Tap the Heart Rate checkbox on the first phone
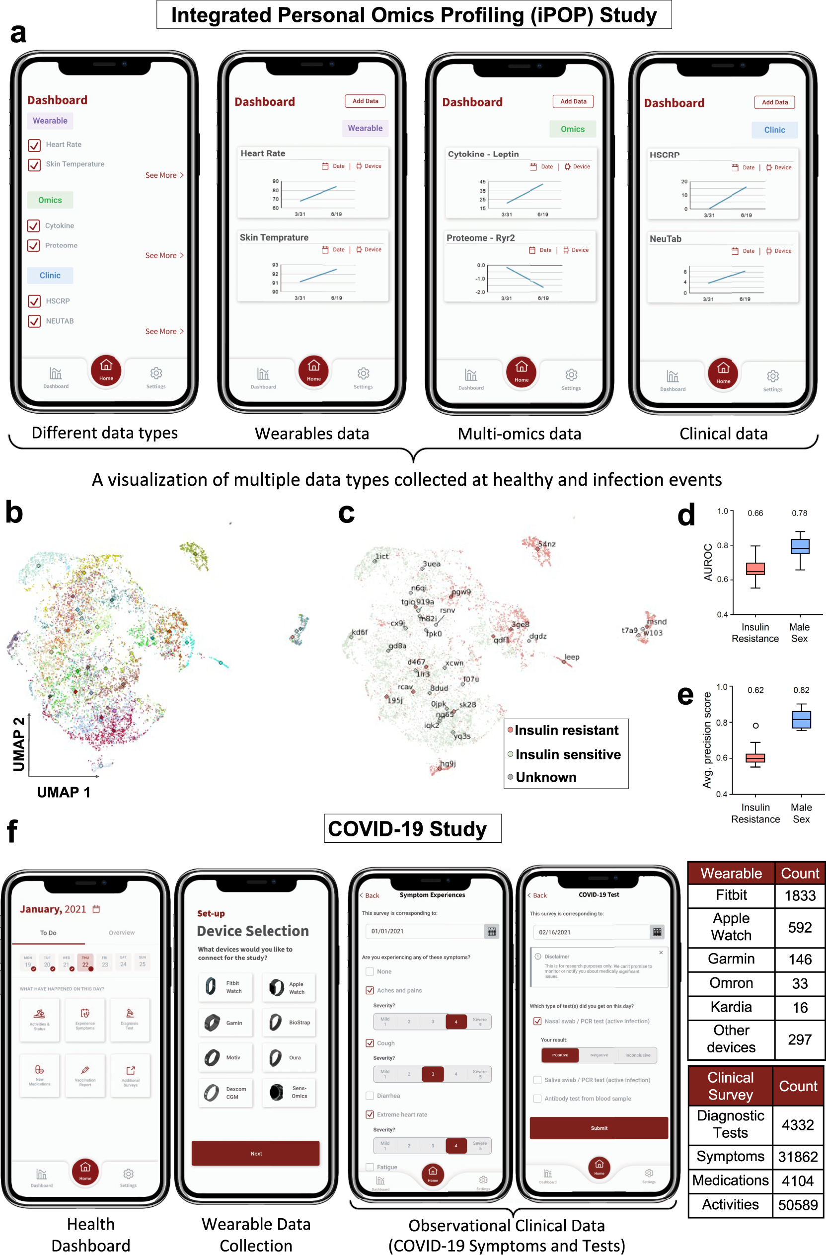[34, 145]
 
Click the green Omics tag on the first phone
[50, 200]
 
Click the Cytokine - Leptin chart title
[483, 154]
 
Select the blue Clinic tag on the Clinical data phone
[774, 130]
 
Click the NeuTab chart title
[665, 239]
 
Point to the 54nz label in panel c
[546, 544]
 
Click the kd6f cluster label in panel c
[359, 632]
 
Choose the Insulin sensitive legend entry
[568, 754]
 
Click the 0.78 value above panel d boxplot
[799, 513]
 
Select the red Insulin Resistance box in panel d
[755, 569]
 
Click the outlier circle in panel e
[755, 726]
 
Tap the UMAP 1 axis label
[63, 792]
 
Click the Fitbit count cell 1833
[800, 895]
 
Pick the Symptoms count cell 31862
[798, 1157]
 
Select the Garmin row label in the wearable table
[731, 959]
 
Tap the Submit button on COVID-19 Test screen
[599, 1128]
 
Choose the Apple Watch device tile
[289, 988]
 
